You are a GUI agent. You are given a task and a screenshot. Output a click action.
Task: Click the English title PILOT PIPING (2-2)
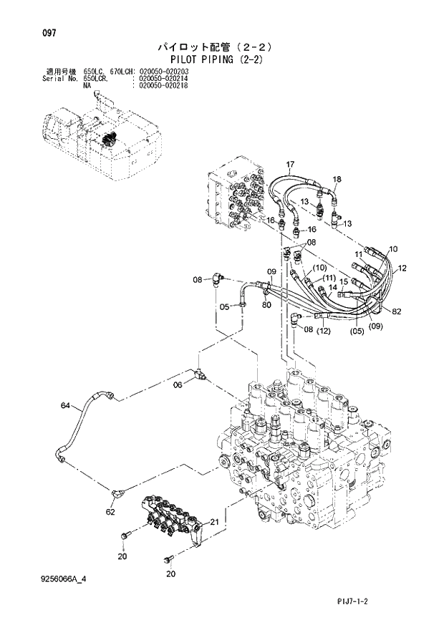pos(222,60)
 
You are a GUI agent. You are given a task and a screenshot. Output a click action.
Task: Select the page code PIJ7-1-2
pos(372,604)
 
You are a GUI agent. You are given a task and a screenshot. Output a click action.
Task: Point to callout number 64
pos(66,407)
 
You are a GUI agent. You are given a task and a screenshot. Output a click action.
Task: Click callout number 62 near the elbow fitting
pos(110,512)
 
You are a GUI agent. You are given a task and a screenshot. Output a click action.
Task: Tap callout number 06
pos(178,384)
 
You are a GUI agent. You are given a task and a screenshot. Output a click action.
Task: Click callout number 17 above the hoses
pos(290,165)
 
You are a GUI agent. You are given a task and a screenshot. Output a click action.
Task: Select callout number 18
pos(337,179)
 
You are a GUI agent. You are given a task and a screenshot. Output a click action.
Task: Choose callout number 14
pos(332,287)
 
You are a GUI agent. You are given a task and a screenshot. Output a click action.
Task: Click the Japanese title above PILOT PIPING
pos(222,47)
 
